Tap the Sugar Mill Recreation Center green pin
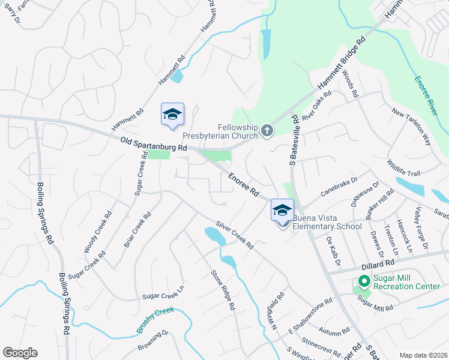point(363,281)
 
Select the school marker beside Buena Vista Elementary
point(282,211)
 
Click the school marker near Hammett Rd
point(172,115)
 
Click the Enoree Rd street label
point(243,185)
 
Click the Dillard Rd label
point(378,264)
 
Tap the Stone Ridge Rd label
point(222,290)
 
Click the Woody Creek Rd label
point(98,231)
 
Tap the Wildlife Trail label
point(404,167)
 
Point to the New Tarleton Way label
point(411,127)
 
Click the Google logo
point(20,353)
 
